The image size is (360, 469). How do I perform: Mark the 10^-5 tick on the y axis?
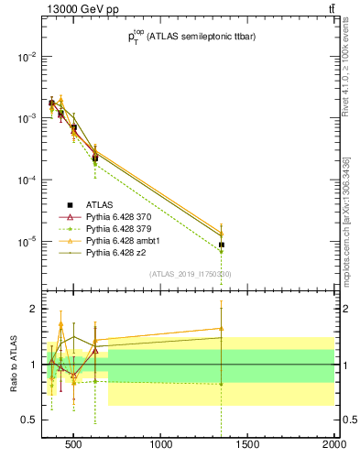[x=26, y=242]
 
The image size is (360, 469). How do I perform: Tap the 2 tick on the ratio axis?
[x=35, y=309]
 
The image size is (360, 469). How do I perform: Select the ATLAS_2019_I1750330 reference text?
[x=191, y=274]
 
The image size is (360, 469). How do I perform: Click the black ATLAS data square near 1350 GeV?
[x=222, y=245]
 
